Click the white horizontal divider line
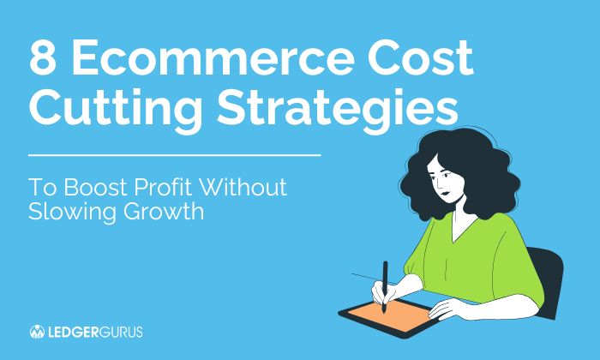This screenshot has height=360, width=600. [175, 155]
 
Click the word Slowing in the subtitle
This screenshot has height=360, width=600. [72, 212]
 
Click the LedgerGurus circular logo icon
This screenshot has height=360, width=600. [37, 331]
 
